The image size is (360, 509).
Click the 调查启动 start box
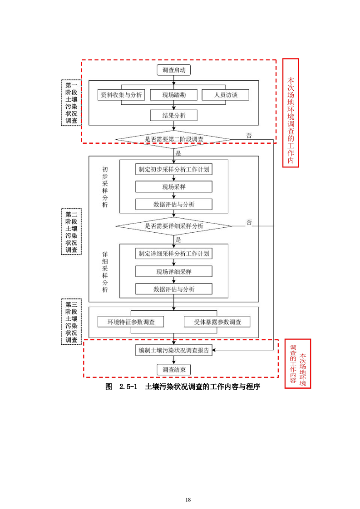point(174,70)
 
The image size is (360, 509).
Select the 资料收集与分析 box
point(121,95)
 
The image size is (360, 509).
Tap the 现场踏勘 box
point(174,95)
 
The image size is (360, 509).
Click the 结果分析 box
point(174,116)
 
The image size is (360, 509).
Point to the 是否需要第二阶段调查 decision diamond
point(174,139)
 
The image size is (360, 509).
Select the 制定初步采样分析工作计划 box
point(174,169)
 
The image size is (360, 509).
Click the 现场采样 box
point(174,187)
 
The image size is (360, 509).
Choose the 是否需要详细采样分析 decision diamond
point(174,225)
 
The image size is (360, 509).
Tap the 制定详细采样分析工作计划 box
point(174,254)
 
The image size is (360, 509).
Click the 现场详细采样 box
point(174,271)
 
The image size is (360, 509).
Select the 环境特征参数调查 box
point(130,322)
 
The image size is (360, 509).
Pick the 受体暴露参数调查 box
point(217,322)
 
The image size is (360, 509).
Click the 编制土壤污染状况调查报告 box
point(174,350)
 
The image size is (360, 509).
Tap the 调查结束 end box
point(174,370)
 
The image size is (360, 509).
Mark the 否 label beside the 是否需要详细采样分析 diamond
point(249,222)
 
